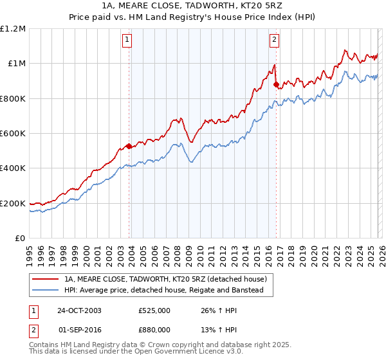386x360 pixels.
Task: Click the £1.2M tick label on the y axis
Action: click(x=14, y=28)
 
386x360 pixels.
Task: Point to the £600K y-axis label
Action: click(x=14, y=134)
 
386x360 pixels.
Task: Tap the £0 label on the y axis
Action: click(x=20, y=239)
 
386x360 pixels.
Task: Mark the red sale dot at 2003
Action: click(x=129, y=146)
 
